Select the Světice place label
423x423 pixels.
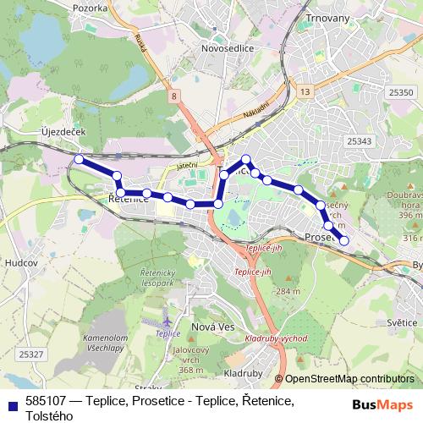pos(401,322)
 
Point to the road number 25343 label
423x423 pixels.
pos(360,141)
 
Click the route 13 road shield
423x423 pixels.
pos(305,91)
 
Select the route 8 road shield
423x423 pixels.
pos(174,97)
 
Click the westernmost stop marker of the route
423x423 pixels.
pos(79,159)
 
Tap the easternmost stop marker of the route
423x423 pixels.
pos(343,241)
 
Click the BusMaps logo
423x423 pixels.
pos(386,403)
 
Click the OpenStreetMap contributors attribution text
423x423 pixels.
pos(349,379)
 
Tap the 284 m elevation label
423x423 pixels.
pos(288,292)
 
